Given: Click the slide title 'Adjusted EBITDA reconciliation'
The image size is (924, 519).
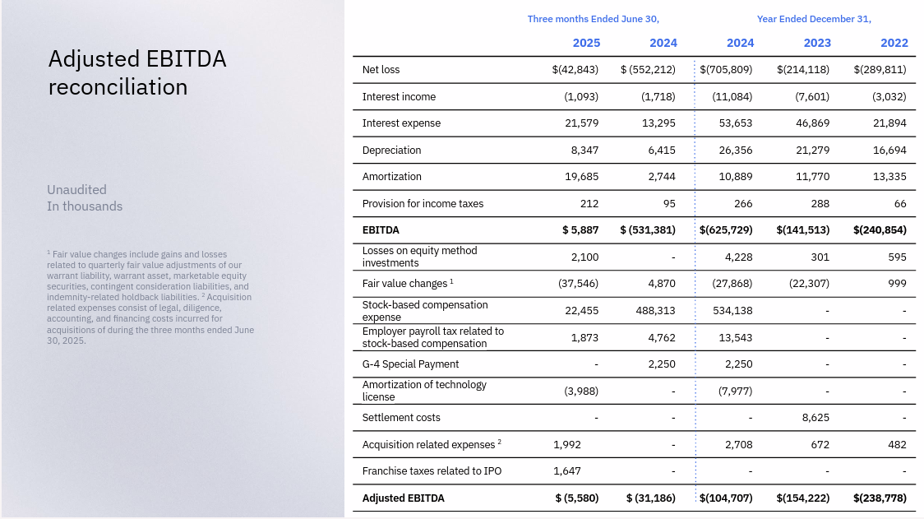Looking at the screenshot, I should [137, 72].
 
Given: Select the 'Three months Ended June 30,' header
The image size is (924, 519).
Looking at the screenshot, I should [593, 19].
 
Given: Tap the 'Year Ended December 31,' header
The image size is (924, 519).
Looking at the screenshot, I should [814, 19].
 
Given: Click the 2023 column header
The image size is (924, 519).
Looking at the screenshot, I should [817, 43].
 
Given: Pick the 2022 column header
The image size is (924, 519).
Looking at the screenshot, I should [894, 43].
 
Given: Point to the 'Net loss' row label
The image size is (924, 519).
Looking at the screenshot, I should [381, 70].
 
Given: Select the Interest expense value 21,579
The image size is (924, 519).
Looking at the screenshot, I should [581, 123].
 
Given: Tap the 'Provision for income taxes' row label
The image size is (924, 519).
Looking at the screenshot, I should [423, 204].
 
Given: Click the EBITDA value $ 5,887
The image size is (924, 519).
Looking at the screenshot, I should [580, 230].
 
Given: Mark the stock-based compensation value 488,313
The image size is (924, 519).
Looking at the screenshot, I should [655, 311].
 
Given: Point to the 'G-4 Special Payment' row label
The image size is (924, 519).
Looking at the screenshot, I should [410, 364].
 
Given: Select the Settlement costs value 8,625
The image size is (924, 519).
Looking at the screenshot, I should [815, 418].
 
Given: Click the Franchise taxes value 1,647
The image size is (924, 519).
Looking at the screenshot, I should [567, 471].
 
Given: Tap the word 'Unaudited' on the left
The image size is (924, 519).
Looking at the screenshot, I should [76, 190].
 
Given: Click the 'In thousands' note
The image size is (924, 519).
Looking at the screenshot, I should [85, 206].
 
